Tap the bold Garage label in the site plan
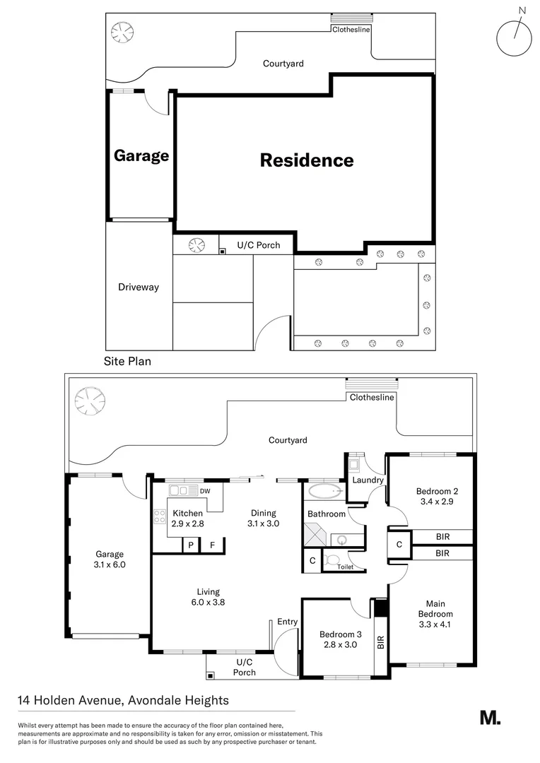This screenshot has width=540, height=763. (141, 155)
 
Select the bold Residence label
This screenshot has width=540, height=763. (307, 160)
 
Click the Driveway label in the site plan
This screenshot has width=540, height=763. (139, 288)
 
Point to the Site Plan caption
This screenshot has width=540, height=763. (128, 360)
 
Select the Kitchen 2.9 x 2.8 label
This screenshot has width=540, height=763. (187, 519)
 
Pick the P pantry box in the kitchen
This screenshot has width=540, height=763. (190, 545)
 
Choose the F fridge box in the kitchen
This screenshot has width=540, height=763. (211, 545)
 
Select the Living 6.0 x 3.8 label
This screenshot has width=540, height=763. (208, 597)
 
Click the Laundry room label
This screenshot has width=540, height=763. (368, 480)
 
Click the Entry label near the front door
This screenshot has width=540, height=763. (288, 622)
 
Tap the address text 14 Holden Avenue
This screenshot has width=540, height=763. (123, 701)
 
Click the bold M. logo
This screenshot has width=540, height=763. (490, 718)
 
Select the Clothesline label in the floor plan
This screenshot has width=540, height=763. (372, 397)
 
